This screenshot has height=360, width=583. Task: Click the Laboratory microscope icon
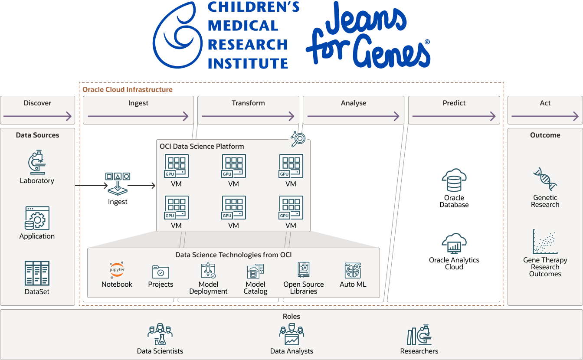click(37, 163)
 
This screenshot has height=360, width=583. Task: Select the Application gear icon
click(37, 218)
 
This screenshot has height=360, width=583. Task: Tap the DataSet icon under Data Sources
click(37, 273)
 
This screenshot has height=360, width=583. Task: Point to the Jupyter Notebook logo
click(117, 270)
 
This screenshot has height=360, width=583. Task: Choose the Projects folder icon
click(160, 272)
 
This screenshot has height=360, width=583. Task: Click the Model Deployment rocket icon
click(208, 270)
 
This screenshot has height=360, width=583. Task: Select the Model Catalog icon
click(255, 271)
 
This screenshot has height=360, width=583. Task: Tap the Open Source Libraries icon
click(303, 270)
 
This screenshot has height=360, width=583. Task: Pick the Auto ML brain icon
click(353, 270)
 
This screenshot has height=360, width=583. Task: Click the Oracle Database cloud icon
click(454, 180)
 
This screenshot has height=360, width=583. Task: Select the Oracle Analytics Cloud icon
click(454, 244)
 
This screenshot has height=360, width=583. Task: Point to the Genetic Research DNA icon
click(545, 179)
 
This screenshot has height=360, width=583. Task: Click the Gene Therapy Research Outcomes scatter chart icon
click(545, 242)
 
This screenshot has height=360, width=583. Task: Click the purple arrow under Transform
click(248, 116)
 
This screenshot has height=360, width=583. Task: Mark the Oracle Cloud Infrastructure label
click(128, 90)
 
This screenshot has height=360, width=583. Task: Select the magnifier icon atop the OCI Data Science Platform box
click(298, 139)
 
